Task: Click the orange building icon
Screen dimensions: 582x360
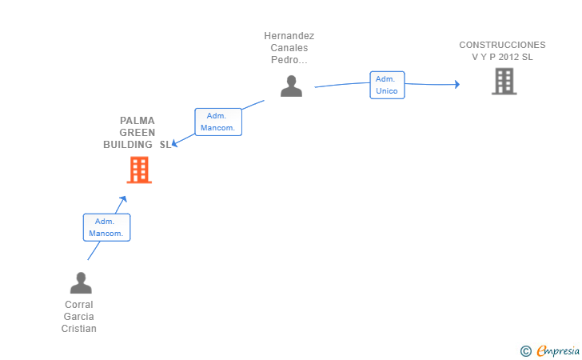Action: click(139, 170)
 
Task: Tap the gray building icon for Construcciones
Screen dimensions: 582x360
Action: click(504, 81)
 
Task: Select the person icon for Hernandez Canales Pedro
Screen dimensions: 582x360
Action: click(291, 86)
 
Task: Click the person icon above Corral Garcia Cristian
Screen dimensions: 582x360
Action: click(81, 282)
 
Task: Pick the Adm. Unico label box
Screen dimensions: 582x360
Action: click(387, 85)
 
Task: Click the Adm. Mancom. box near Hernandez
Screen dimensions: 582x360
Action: click(218, 122)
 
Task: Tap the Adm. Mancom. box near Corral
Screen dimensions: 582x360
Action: click(106, 227)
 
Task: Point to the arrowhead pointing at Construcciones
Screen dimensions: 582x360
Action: click(457, 84)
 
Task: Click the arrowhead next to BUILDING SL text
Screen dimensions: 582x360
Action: click(175, 143)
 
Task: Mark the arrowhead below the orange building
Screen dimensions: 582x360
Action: click(123, 199)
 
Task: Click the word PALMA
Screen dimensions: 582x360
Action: click(138, 121)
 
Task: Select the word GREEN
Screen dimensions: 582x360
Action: click(138, 133)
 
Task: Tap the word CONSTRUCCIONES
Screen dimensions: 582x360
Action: click(502, 45)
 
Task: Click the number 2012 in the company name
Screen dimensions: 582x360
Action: click(508, 57)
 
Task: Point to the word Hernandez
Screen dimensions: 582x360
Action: click(289, 36)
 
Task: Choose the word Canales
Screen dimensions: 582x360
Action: click(289, 47)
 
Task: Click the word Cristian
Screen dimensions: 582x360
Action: click(78, 329)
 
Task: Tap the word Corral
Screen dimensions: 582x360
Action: click(78, 305)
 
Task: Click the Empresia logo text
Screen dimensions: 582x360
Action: click(558, 350)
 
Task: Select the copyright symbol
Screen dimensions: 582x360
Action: click(526, 351)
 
